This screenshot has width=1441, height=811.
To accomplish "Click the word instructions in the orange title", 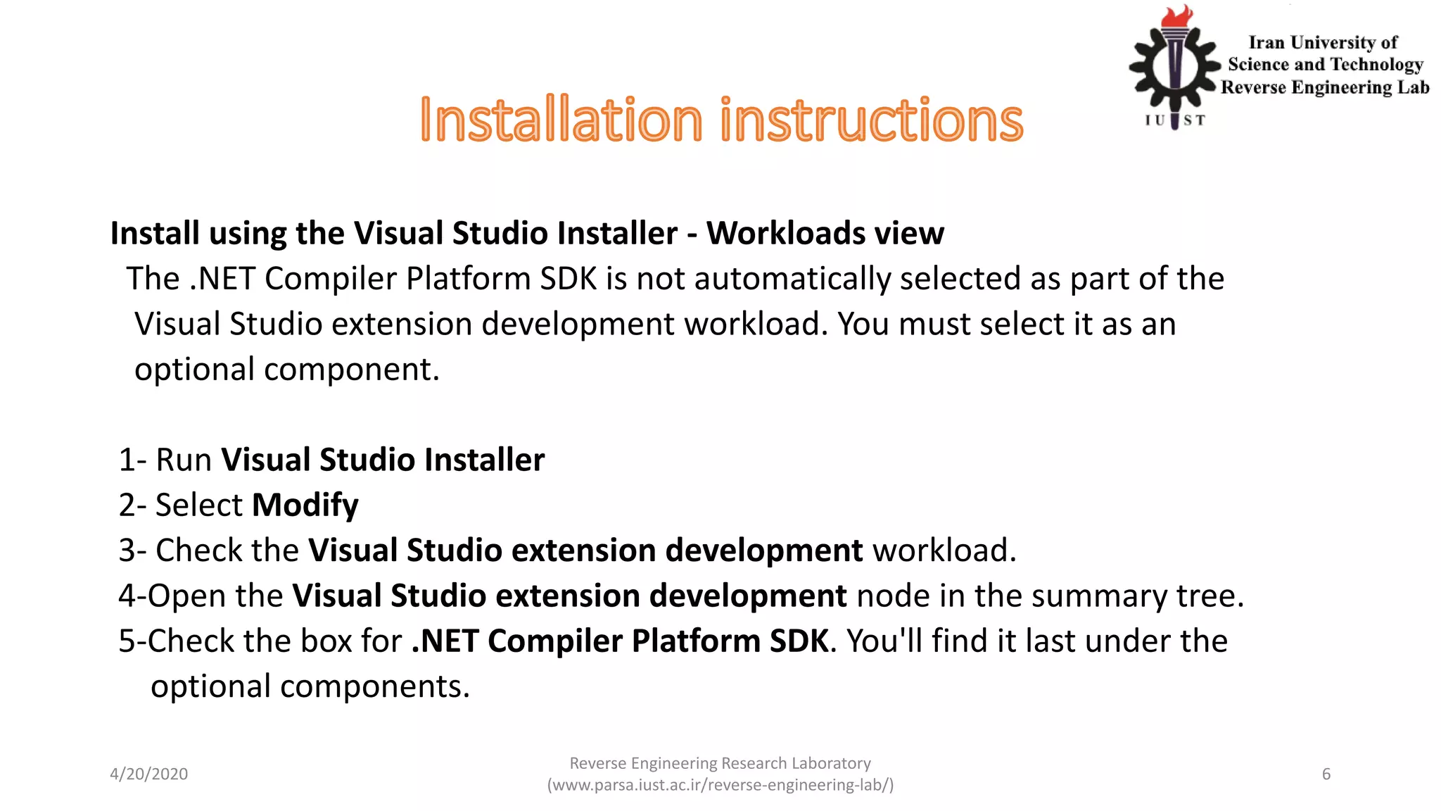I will pyautogui.click(x=872, y=120).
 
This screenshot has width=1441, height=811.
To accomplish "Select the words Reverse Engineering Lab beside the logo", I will pyautogui.click(x=1325, y=87).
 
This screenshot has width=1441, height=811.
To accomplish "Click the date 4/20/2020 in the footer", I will pyautogui.click(x=149, y=774).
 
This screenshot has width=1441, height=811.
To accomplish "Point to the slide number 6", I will pyautogui.click(x=1326, y=774).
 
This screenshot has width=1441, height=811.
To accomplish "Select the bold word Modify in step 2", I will pyautogui.click(x=305, y=505).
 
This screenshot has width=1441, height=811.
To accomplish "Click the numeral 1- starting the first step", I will pyautogui.click(x=132, y=460).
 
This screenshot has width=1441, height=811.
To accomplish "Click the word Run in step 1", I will pyautogui.click(x=184, y=460).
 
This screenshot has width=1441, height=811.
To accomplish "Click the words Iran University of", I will pyautogui.click(x=1323, y=43).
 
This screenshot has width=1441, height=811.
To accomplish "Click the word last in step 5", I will pyautogui.click(x=1048, y=641).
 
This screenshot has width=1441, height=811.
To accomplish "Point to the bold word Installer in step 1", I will pyautogui.click(x=485, y=460).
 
